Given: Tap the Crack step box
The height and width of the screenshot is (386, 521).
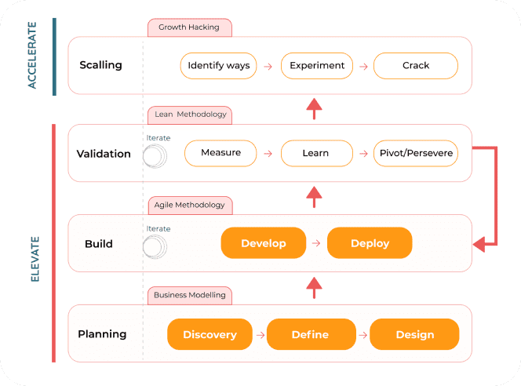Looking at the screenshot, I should pos(415,66).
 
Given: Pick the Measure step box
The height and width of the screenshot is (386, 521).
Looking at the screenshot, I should pos(220,153).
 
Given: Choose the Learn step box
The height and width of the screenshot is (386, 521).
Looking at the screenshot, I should pos(315,153).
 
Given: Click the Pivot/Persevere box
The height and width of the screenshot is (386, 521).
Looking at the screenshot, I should pos(415,153).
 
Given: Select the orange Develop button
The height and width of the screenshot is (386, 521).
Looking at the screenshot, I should pos(263,243).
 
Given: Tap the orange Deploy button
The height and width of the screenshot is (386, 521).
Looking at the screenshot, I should pos(370,243).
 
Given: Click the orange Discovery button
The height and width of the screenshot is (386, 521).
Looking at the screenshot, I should pos(209,334).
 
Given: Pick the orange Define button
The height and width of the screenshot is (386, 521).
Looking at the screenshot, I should pos(309,334).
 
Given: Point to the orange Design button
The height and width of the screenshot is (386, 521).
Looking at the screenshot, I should pos(414,334).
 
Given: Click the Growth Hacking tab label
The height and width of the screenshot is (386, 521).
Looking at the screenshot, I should pos(189,27).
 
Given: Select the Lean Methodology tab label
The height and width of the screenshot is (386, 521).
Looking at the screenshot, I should pos(190,115).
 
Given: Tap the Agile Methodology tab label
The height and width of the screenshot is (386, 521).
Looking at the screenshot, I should pos(189,206).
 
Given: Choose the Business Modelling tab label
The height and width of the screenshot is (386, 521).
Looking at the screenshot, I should pos(189,296).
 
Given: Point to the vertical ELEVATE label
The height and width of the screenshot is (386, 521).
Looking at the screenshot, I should pos(34,258).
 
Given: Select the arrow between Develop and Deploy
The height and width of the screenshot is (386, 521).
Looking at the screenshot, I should pos(316,243).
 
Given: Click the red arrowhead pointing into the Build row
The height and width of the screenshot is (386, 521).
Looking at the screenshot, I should pos(479,246).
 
